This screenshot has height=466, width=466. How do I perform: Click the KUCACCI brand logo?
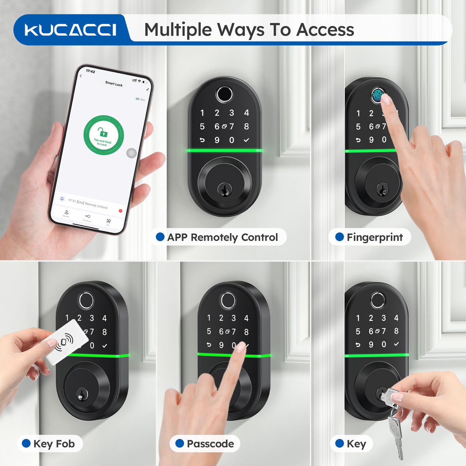70,30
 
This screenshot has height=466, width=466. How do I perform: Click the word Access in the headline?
325,30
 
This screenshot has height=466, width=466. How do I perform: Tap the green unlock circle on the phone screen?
103,135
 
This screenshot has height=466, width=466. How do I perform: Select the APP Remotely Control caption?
222,237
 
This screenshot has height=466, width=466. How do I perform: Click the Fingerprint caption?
374,237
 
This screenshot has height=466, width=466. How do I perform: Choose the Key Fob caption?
54,444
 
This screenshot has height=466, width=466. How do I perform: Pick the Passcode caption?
210,444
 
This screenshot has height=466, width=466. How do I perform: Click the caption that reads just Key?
356,444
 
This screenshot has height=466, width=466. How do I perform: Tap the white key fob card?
64,341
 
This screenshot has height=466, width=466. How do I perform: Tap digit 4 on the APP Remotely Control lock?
246,113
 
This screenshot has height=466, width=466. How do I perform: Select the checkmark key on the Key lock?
396,344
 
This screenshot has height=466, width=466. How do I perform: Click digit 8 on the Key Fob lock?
104,332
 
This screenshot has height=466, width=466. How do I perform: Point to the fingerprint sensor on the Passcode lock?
227,300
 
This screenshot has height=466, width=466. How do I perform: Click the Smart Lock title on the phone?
114,84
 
